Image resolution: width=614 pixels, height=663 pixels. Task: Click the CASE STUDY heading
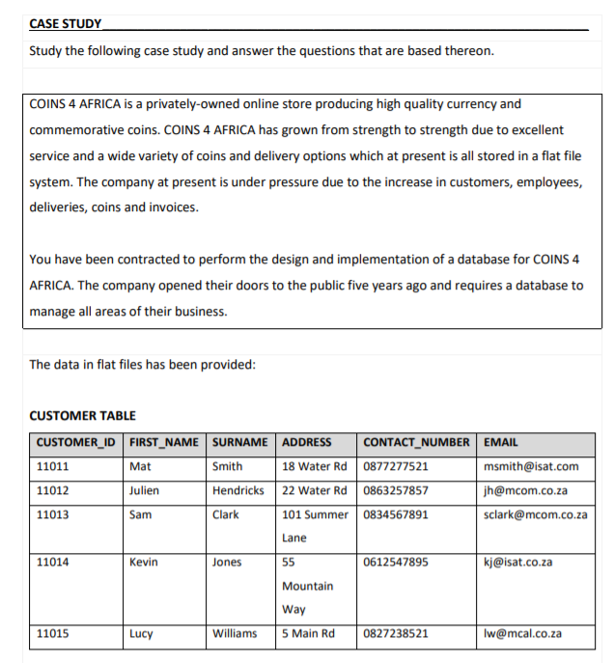coord(66,23)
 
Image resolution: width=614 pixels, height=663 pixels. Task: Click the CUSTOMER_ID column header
coord(75,443)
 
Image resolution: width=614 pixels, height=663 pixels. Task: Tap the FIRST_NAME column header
coord(164,443)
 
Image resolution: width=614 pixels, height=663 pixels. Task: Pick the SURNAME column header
coord(239,443)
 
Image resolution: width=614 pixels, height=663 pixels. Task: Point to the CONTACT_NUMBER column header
coord(417,443)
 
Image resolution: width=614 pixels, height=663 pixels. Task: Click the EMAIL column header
coord(500,443)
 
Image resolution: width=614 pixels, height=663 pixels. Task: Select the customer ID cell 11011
coord(52,466)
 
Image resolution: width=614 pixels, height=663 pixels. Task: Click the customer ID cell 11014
coord(52,562)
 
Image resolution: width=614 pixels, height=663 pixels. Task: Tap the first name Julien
coord(145,490)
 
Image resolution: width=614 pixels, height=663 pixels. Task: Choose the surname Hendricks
coord(238,490)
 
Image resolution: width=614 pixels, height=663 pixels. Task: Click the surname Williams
coord(235,634)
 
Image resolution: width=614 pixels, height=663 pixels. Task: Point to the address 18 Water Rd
coord(315,466)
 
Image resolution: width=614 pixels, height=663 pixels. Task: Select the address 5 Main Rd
coord(308,634)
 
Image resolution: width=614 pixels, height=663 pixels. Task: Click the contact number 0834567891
coord(396,514)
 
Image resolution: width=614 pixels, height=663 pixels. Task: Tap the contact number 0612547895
coord(396,562)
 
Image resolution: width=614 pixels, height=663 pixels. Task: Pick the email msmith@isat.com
coord(531,466)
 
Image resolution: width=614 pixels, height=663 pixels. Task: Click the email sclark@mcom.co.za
coord(535,514)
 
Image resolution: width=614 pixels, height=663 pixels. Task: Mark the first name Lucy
coord(142,634)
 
